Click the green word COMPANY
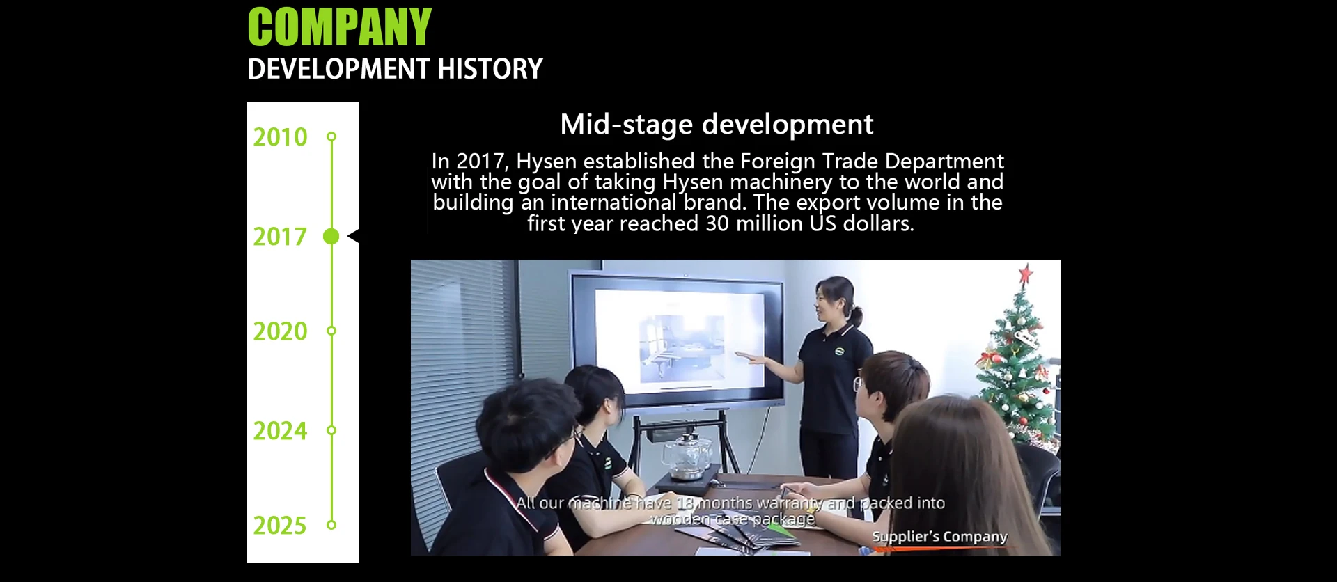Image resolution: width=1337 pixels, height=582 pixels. click(x=340, y=27)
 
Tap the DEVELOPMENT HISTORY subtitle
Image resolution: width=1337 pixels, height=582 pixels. click(x=395, y=69)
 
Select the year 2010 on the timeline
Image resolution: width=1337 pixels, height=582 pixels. click(x=280, y=137)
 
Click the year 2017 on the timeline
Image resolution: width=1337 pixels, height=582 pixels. click(x=280, y=237)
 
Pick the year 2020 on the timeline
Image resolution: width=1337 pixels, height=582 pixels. click(x=280, y=331)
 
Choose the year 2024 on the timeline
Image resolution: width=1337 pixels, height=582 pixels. click(x=280, y=431)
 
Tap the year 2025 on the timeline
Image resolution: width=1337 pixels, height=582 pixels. click(x=280, y=526)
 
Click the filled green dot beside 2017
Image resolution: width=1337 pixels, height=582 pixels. click(x=331, y=237)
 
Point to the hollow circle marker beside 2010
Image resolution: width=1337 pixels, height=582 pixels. click(x=331, y=136)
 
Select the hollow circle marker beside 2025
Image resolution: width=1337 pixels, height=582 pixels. click(x=331, y=525)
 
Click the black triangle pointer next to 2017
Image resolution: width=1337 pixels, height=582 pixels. click(x=353, y=237)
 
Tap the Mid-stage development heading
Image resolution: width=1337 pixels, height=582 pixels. click(x=717, y=125)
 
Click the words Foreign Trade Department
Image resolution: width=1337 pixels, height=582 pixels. click(x=872, y=162)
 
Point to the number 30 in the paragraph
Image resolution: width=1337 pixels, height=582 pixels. click(x=718, y=223)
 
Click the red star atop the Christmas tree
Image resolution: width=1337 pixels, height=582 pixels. click(x=1026, y=274)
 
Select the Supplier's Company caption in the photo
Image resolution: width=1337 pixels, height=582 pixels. click(x=939, y=537)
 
